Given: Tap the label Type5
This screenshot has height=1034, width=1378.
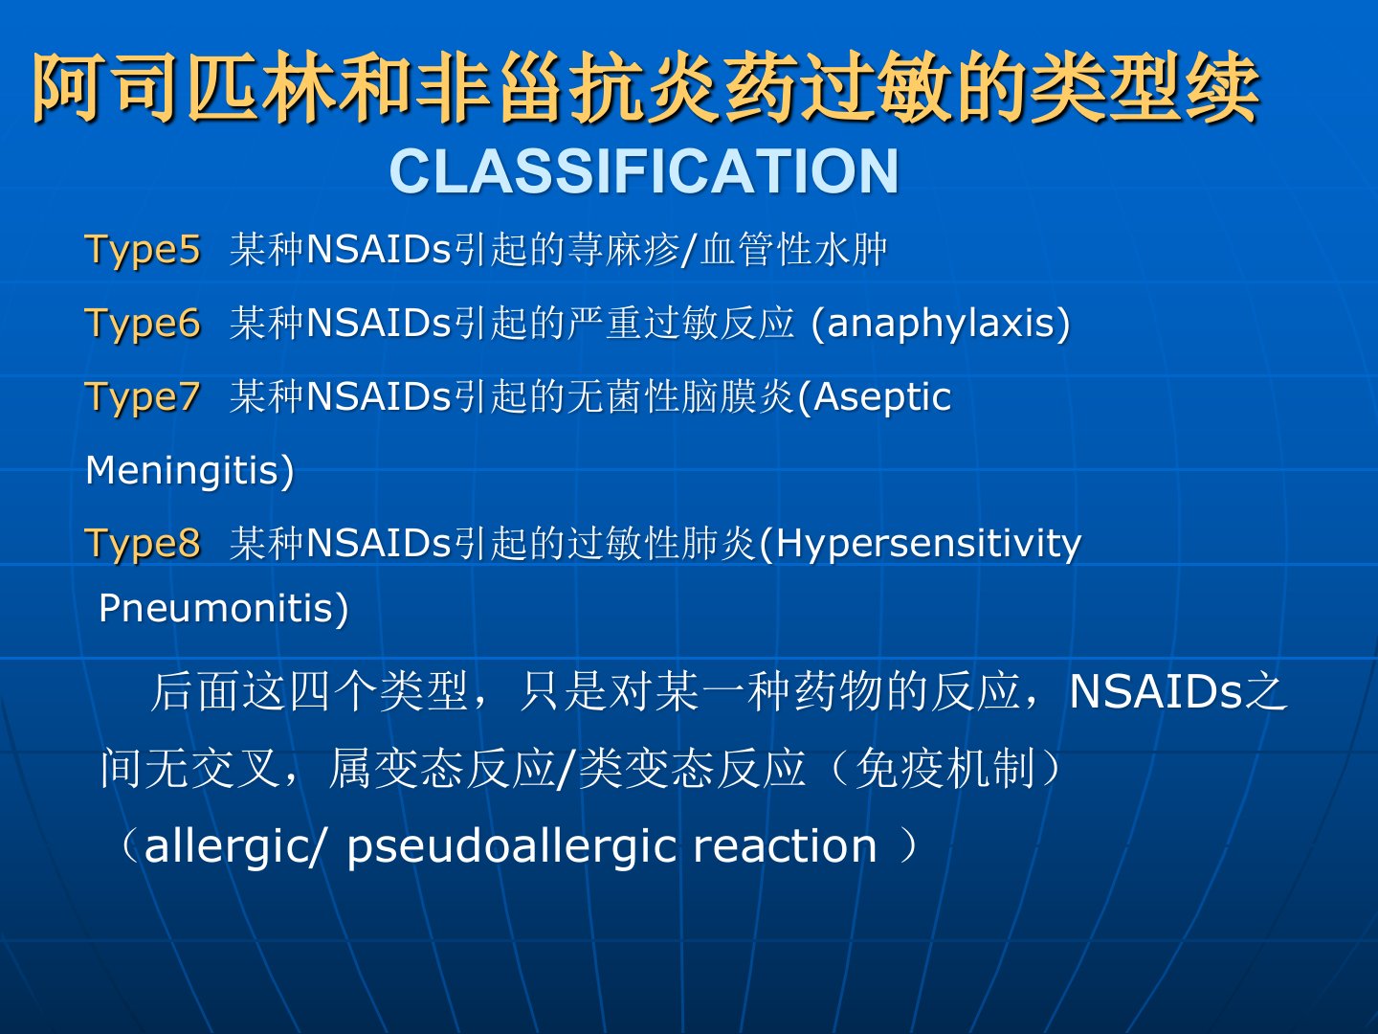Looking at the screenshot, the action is (143, 250).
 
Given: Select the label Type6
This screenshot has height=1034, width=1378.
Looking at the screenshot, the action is (143, 324).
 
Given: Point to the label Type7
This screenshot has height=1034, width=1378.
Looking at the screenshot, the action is (143, 397).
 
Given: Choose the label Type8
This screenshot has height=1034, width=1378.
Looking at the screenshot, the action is (143, 544).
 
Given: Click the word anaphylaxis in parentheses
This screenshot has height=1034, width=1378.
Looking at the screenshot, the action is (941, 324).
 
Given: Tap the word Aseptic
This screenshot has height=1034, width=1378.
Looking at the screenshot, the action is (882, 398).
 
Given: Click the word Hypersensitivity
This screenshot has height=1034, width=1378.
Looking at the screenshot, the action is (928, 545).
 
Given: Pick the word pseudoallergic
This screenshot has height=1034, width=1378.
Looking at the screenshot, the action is (512, 847).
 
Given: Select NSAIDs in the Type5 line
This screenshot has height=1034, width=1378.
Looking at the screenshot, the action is (379, 250).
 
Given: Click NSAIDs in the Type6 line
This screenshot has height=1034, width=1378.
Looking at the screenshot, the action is (379, 324).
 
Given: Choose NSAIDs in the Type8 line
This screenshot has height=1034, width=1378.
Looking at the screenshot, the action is (379, 544).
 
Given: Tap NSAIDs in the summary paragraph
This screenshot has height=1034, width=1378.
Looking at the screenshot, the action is (1156, 692).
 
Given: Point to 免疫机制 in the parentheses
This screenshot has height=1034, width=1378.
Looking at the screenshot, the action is (945, 769).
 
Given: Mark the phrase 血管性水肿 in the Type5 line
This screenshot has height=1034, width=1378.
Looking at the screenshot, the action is (793, 250).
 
